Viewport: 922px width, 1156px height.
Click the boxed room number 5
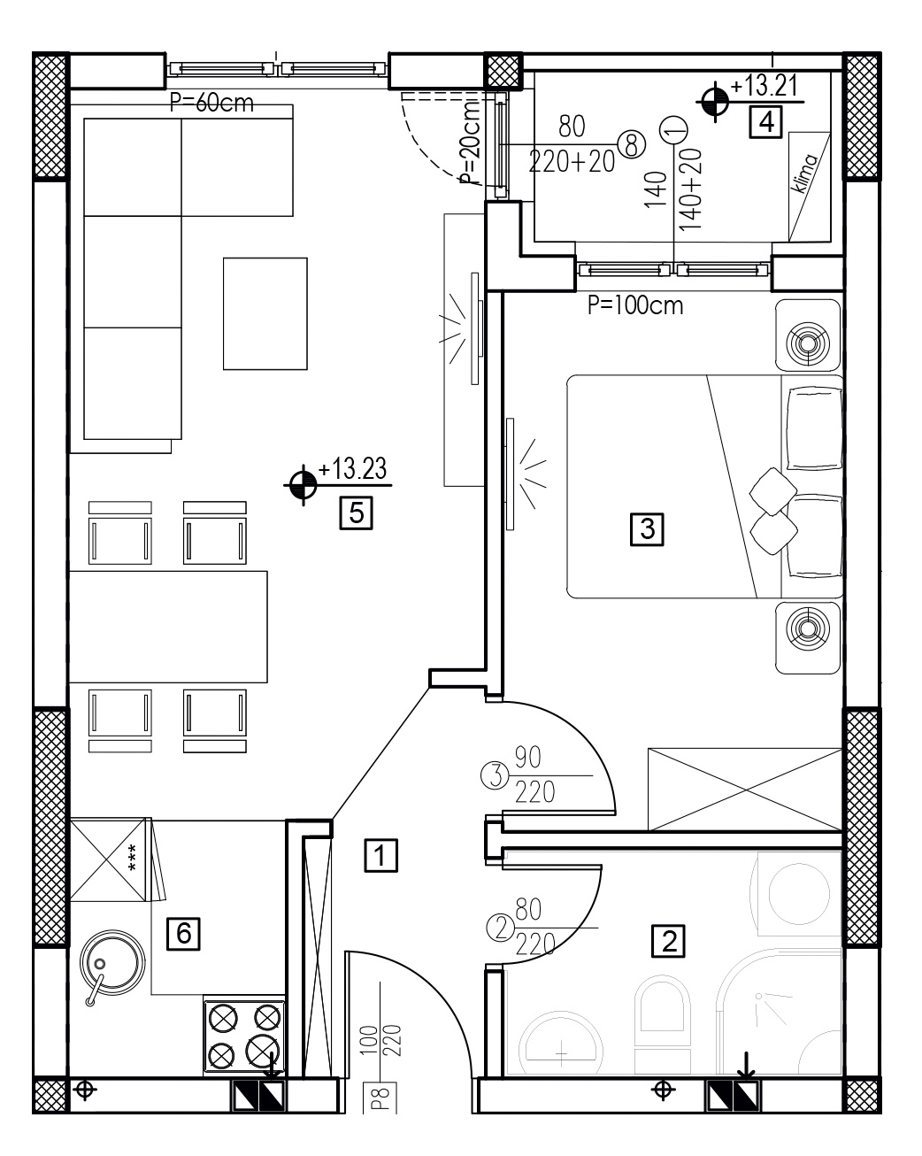(x=356, y=513)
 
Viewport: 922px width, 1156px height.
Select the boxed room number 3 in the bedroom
(x=647, y=529)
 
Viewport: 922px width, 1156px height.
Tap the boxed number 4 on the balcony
(x=765, y=122)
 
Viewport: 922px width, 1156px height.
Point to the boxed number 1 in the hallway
(x=380, y=855)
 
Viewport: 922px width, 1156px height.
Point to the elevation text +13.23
(x=352, y=468)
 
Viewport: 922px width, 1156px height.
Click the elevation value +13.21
(x=764, y=86)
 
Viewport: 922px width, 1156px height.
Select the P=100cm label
(x=635, y=305)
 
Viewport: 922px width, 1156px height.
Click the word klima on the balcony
(x=805, y=173)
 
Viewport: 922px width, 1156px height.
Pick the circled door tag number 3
(x=495, y=775)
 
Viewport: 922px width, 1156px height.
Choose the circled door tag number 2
(x=499, y=929)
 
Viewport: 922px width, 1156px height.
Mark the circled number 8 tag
(x=632, y=144)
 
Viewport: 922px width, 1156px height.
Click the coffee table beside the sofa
(x=265, y=313)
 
